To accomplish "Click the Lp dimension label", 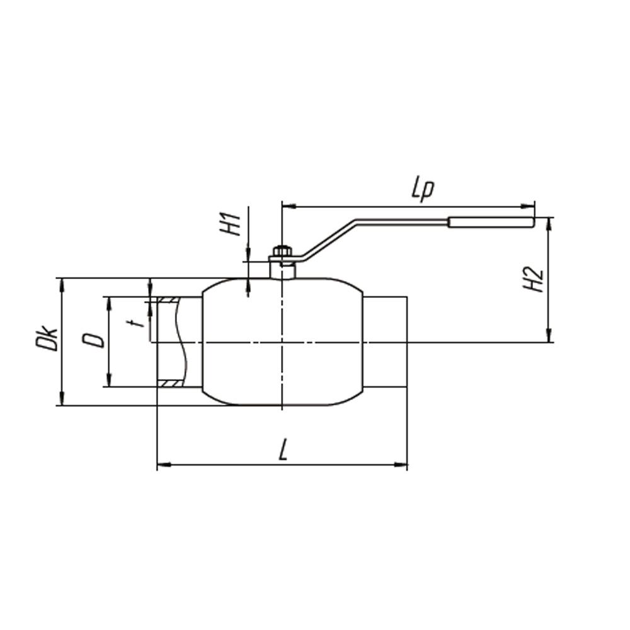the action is pos(423,190).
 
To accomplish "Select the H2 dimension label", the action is pos(533,279).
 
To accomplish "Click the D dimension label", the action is pos(93,340).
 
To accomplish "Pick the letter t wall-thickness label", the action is pos(139,323).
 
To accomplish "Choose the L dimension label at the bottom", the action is pos(283,450).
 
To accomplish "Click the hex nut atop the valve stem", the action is pos(282,252).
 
